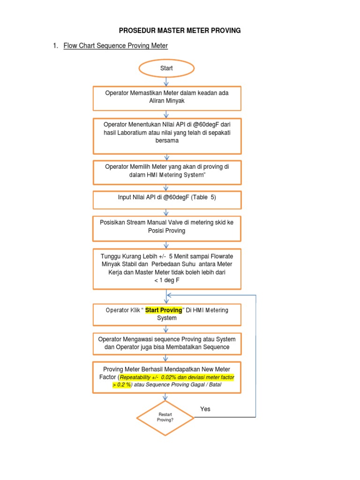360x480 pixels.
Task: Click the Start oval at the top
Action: [x=166, y=68]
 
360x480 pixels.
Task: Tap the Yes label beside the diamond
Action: [x=205, y=409]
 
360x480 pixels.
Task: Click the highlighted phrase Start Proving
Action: [x=163, y=310]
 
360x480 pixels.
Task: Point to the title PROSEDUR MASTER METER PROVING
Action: [x=180, y=30]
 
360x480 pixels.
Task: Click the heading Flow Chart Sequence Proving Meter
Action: [x=115, y=46]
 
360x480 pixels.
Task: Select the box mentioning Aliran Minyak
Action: [x=167, y=97]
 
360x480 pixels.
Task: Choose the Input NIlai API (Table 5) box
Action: [x=167, y=198]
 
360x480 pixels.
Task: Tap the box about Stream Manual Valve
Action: [x=167, y=226]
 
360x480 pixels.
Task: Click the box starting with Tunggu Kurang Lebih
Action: [x=167, y=268]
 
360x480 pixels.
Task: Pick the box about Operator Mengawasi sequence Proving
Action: [x=167, y=343]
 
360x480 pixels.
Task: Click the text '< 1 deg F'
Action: [x=167, y=280]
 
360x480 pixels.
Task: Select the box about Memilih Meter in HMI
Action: [x=167, y=171]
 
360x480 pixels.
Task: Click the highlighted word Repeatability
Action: [x=139, y=377]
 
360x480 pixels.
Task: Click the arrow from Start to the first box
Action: [x=166, y=81]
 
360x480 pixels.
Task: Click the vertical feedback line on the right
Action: [x=255, y=356]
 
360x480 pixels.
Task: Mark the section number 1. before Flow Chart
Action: [x=56, y=46]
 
